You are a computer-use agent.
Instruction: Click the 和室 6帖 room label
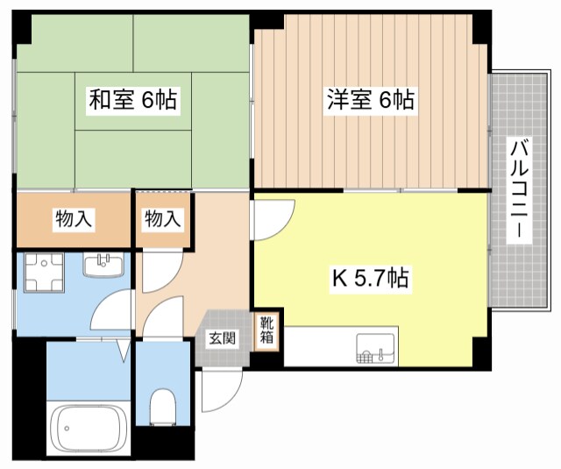click(133, 100)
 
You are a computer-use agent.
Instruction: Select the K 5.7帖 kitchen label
click(369, 280)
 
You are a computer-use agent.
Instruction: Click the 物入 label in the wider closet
click(74, 219)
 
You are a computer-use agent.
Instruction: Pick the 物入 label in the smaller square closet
click(163, 219)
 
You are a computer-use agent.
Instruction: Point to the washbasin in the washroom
click(104, 264)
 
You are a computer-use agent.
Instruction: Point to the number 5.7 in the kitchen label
click(368, 280)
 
